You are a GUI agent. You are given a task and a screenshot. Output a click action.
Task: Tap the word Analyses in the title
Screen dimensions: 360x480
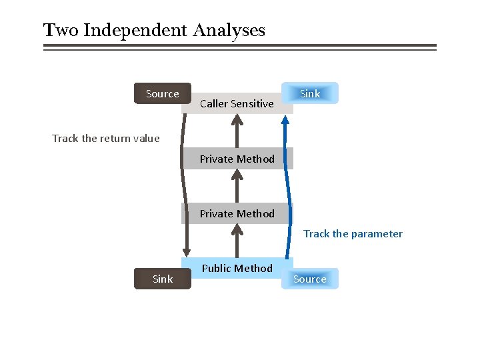[x=229, y=31]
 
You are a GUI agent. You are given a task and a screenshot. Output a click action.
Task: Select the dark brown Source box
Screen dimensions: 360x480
[x=163, y=94]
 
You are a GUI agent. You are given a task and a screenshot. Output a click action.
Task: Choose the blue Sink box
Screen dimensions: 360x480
[x=310, y=93]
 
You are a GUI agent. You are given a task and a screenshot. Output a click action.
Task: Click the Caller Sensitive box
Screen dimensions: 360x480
[x=237, y=103]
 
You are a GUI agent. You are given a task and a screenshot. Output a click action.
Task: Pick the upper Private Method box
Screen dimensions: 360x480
[x=237, y=159]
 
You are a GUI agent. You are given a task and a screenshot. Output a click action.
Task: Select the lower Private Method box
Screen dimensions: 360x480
[x=237, y=213]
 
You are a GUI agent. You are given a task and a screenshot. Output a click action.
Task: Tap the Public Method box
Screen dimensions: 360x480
[x=237, y=268]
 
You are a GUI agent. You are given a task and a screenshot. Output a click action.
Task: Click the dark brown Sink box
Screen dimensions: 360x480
[x=163, y=279]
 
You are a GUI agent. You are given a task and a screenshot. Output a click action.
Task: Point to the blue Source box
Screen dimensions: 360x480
[x=310, y=279]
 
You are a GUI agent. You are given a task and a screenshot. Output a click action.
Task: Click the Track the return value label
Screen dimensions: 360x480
[x=106, y=139]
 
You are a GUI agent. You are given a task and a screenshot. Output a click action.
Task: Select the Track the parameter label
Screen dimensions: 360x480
[x=353, y=233]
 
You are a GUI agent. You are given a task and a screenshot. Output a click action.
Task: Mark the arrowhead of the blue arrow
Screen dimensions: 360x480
[x=285, y=121]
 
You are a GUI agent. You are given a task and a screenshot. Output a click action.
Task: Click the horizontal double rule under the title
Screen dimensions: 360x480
[x=239, y=47]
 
